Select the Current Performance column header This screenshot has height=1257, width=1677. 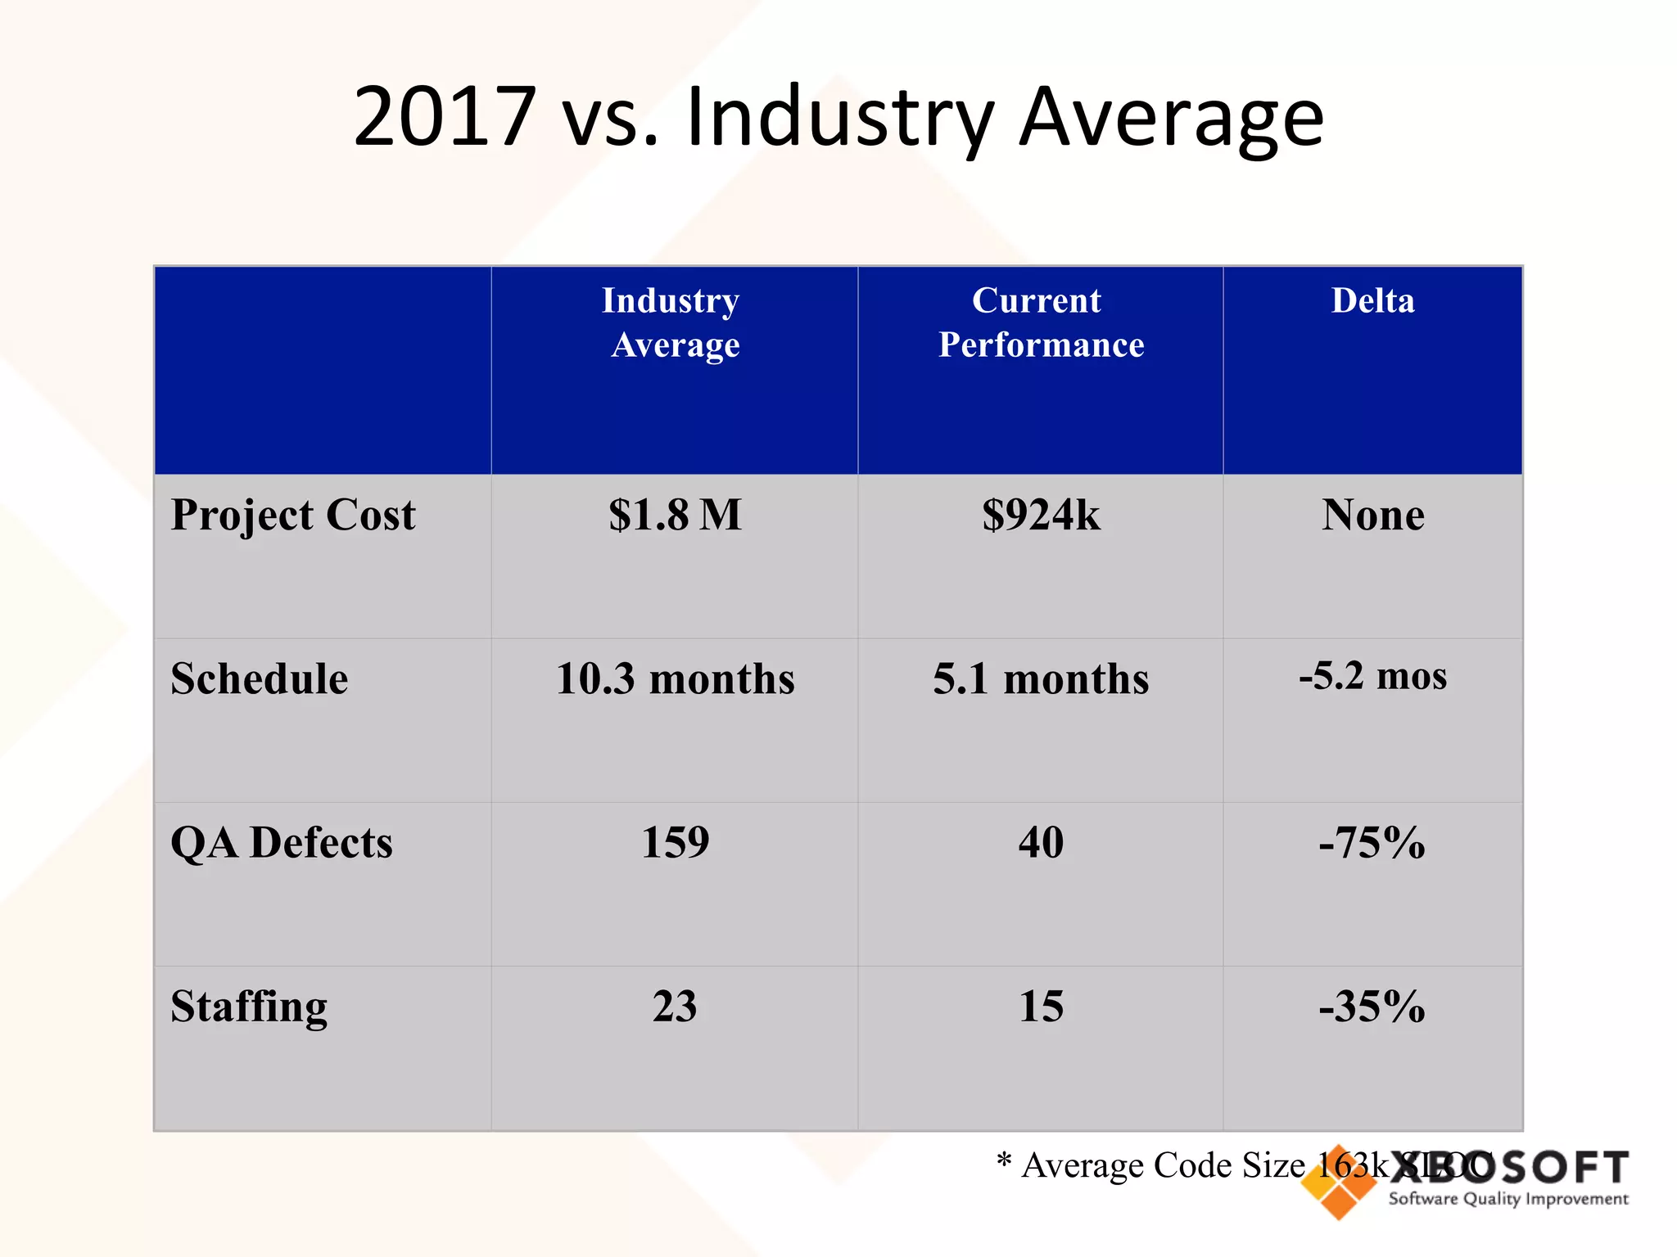[x=1040, y=322]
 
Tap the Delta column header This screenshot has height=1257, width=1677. [x=1372, y=301]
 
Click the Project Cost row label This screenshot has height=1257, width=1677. [x=293, y=516]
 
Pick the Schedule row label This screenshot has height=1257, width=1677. [x=260, y=679]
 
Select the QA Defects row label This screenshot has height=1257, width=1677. [x=281, y=843]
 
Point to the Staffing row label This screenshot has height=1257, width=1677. [x=249, y=1007]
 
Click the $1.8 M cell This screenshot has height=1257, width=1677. [x=675, y=516]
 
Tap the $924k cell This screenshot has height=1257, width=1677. [x=1041, y=516]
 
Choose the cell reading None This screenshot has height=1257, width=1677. [x=1372, y=516]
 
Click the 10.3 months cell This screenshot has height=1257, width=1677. [x=675, y=679]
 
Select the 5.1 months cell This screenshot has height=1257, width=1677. [x=1041, y=679]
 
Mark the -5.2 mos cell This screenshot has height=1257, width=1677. [x=1372, y=677]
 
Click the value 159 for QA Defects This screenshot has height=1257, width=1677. [x=675, y=843]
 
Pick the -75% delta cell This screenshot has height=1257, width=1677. [x=1372, y=843]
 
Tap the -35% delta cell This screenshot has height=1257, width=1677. [x=1372, y=1007]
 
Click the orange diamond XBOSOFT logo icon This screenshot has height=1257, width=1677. [x=1339, y=1183]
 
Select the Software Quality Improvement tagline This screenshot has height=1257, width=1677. [x=1507, y=1200]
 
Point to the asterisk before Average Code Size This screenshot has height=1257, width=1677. [x=1005, y=1160]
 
